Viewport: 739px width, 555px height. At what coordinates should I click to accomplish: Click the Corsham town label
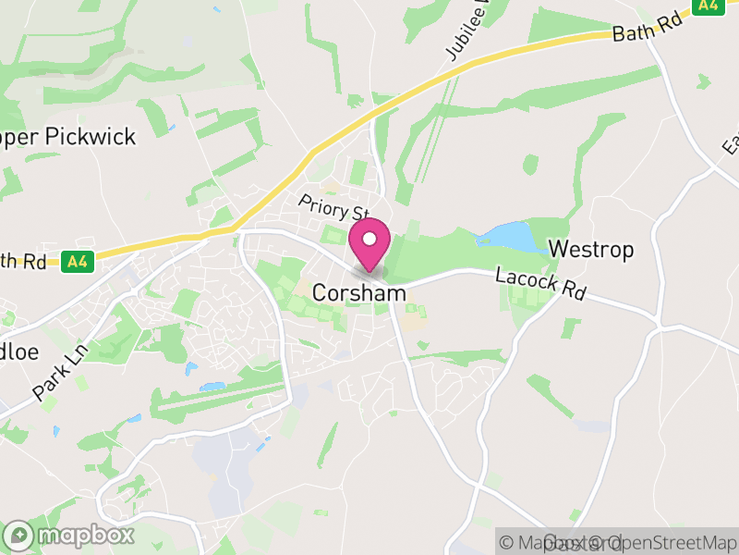point(359,292)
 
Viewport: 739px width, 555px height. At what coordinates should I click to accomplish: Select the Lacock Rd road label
point(540,282)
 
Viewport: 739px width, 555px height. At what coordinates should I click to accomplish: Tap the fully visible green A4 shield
point(78,262)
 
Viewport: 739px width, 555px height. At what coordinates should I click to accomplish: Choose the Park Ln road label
point(57,374)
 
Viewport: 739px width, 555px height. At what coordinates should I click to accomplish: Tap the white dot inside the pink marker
point(369,240)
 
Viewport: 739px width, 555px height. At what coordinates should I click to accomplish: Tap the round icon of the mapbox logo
point(19,535)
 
